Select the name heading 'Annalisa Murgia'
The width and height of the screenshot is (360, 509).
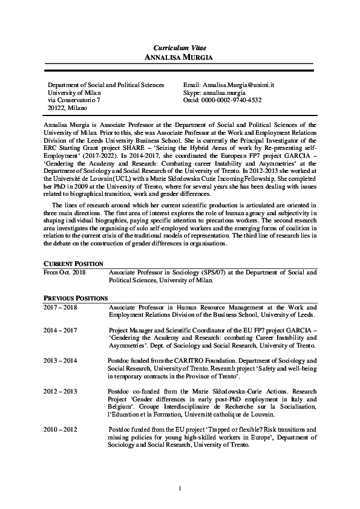click(180, 56)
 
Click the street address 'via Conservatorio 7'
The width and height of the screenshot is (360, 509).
click(73, 100)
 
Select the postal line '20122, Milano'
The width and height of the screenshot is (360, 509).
click(67, 108)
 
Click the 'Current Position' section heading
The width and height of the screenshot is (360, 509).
click(73, 264)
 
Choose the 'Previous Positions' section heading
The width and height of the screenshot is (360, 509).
click(76, 298)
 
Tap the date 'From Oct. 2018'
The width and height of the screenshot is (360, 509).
click(64, 273)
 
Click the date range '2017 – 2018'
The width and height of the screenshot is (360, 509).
click(61, 307)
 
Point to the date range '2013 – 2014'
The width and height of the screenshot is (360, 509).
click(61, 360)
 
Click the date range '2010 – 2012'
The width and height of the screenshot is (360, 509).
click(61, 429)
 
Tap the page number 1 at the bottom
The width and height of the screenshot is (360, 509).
click(180, 488)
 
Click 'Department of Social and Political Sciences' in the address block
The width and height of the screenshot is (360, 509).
click(105, 86)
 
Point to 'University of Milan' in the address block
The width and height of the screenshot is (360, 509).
click(74, 93)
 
